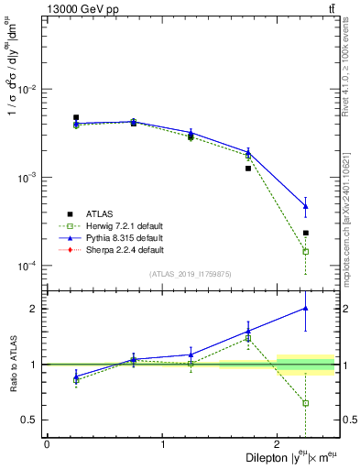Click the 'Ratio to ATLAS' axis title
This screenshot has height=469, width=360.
[12, 364]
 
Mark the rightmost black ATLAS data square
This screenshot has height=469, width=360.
[306, 233]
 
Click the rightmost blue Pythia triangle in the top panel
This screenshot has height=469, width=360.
[306, 206]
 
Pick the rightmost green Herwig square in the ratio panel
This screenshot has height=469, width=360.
[306, 403]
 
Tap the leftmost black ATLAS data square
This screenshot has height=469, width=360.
[76, 117]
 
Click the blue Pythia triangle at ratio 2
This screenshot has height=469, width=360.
[306, 308]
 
